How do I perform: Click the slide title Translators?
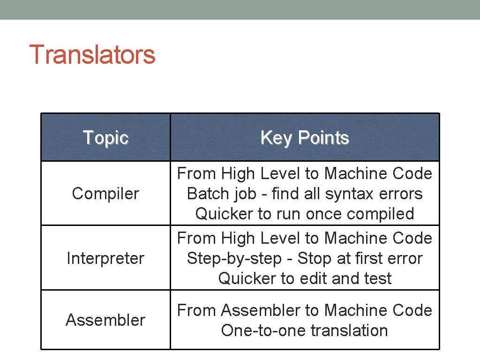pos(92,54)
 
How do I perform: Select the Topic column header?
pos(105,138)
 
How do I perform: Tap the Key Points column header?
pos(305,138)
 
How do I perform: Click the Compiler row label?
pos(105,194)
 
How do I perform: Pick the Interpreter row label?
pos(105,258)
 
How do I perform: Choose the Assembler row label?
pos(105,320)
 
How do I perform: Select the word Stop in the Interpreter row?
pos(314,258)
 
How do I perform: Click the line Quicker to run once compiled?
pos(305,214)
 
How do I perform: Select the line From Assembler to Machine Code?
pos(305,310)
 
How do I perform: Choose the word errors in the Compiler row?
pos(401,194)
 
